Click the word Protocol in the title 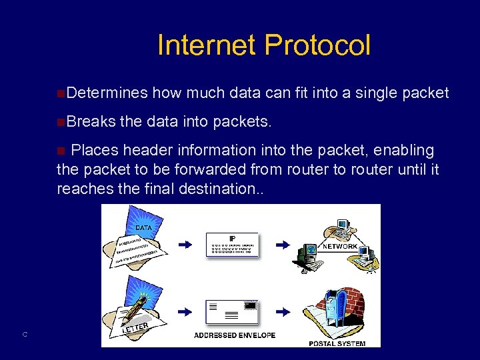pos(317,45)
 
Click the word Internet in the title pos(207,45)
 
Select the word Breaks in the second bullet pos(91,122)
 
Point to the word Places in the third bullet pos(95,151)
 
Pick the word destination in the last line pos(218,189)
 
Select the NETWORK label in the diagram pos(340,247)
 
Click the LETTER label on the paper pos(135,327)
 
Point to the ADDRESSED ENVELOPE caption pos(235,335)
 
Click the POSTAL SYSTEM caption pos(337,343)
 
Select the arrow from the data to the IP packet pos(185,245)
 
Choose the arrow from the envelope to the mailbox pos(283,311)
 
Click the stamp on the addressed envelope pos(251,305)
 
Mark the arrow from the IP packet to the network pos(283,245)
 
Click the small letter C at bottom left pos(24,335)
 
